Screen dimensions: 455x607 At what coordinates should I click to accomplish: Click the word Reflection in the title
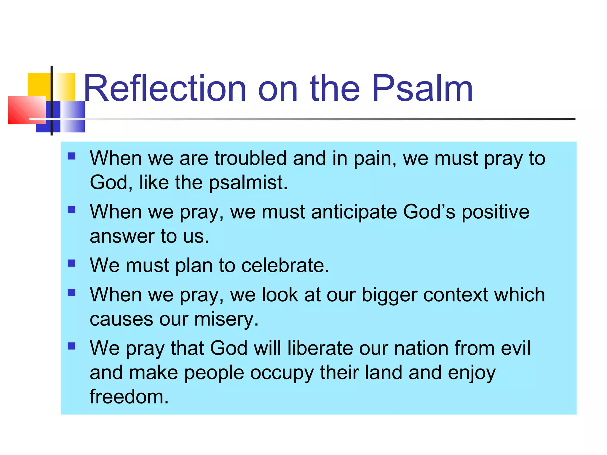coord(165,89)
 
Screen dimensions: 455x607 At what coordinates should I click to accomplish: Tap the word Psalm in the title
coord(422,89)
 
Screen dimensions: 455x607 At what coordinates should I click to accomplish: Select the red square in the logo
coord(25,110)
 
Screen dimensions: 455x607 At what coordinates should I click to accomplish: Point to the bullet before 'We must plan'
coord(71,263)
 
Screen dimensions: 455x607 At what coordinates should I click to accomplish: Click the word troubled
coord(250,158)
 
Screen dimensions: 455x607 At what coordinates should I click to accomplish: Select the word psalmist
coord(248,183)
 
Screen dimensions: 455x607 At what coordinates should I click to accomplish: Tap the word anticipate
coord(354,212)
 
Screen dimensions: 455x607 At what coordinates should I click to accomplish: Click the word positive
coord(495,212)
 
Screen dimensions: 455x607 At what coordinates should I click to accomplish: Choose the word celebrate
coord(285,265)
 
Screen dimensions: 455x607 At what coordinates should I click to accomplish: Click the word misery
coord(226,320)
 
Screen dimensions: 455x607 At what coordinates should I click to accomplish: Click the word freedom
coord(129,397)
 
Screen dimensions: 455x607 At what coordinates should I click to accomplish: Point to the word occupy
coord(282,373)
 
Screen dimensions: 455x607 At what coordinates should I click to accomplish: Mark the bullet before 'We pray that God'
coord(71,346)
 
